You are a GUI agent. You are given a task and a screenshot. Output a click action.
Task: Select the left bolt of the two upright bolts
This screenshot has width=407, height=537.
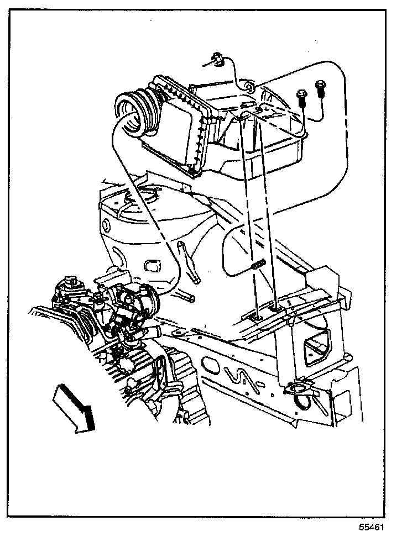pyautogui.click(x=301, y=98)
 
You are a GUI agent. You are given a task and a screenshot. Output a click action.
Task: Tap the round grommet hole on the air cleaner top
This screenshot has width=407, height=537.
pyautogui.click(x=249, y=87)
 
